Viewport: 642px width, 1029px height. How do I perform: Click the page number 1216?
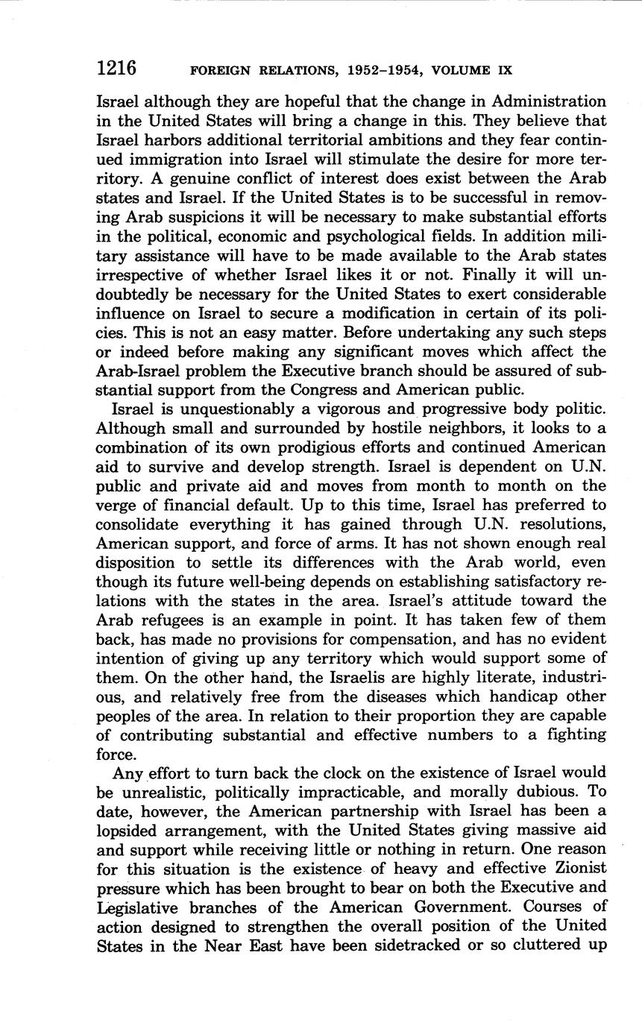click(116, 69)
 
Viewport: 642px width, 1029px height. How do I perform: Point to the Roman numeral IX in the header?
click(504, 71)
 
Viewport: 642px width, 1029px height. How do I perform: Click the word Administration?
click(543, 101)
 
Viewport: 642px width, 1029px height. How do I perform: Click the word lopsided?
click(132, 829)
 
